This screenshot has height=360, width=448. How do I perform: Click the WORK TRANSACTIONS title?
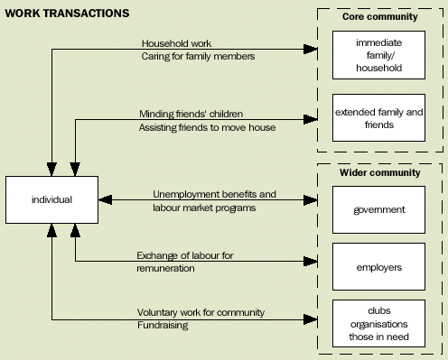pyautogui.click(x=67, y=14)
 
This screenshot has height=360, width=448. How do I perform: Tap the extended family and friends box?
pyautogui.click(x=378, y=118)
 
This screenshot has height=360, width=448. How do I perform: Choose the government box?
pyautogui.click(x=378, y=209)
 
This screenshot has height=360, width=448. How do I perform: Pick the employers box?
pyautogui.click(x=378, y=266)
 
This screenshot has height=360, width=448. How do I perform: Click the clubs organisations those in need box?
pyautogui.click(x=378, y=322)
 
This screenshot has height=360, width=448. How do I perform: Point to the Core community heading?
pyautogui.click(x=378, y=16)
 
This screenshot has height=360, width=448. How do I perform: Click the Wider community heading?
pyautogui.click(x=378, y=172)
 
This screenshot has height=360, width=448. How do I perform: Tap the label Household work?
pyautogui.click(x=175, y=43)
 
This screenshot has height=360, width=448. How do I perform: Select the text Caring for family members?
pyautogui.click(x=198, y=57)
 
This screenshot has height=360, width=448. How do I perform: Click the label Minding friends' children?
pyautogui.click(x=191, y=114)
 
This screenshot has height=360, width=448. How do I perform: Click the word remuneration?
pyautogui.click(x=168, y=269)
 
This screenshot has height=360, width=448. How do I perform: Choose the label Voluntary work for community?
pyautogui.click(x=202, y=312)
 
